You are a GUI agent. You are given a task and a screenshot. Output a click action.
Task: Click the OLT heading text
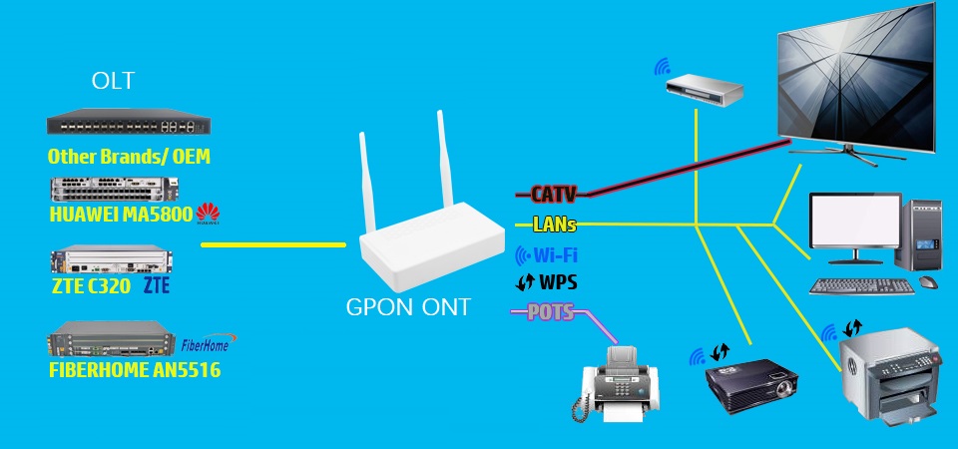click(x=113, y=81)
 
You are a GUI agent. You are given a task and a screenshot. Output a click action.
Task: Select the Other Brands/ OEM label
click(x=129, y=157)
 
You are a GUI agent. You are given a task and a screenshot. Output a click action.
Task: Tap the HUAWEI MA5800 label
click(x=121, y=214)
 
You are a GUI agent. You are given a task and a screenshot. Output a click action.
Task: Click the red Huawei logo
click(x=209, y=213)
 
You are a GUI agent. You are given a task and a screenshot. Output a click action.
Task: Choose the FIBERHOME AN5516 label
click(x=134, y=370)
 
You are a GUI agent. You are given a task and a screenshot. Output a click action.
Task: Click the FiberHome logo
click(x=205, y=345)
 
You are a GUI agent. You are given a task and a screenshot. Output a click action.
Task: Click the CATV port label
click(x=553, y=194)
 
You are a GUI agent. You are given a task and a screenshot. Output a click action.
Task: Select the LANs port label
click(x=554, y=224)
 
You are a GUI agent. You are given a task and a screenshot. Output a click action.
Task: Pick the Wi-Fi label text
click(x=555, y=254)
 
